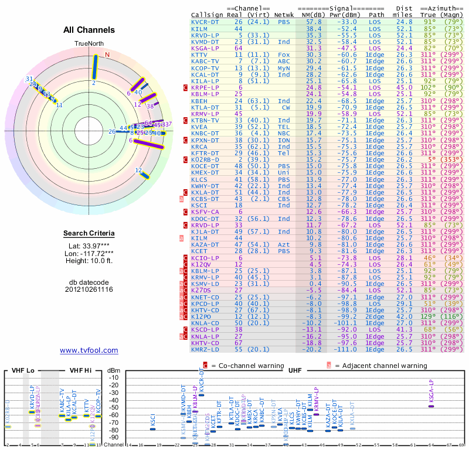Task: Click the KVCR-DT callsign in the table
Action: coord(205,22)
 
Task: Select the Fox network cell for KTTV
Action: coord(284,54)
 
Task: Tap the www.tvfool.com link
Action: coord(89,350)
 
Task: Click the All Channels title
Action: coord(89,30)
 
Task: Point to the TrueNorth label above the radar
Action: coord(89,44)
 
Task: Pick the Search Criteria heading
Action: coord(89,234)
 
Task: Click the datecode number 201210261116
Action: coord(89,289)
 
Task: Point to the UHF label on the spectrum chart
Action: coord(295,371)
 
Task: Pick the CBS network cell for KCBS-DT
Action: coord(284,199)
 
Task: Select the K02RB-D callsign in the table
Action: coord(205,159)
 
